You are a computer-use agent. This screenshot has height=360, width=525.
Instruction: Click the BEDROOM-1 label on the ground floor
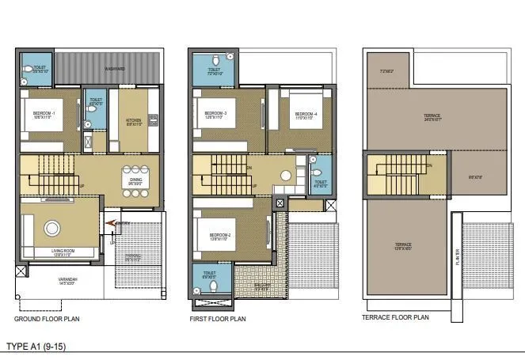pos(43,114)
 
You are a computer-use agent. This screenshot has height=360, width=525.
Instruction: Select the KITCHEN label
pos(134,121)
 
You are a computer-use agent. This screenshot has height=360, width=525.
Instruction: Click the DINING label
pos(136,180)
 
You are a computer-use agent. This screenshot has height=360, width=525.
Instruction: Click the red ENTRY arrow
pos(113,224)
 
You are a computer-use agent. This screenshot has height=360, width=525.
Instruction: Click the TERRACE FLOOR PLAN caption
pos(398,317)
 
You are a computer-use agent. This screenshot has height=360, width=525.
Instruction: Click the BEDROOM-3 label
pos(215,114)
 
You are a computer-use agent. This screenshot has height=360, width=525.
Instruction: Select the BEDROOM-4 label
pos(306,114)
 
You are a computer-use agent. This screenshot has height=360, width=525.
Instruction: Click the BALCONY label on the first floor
pos(256,286)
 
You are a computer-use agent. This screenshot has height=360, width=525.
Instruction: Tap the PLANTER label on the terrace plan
pos(457,257)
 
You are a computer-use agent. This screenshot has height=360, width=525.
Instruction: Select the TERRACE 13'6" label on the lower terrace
pos(404,246)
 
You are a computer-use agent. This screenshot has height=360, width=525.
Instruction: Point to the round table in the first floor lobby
pos(284,175)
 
